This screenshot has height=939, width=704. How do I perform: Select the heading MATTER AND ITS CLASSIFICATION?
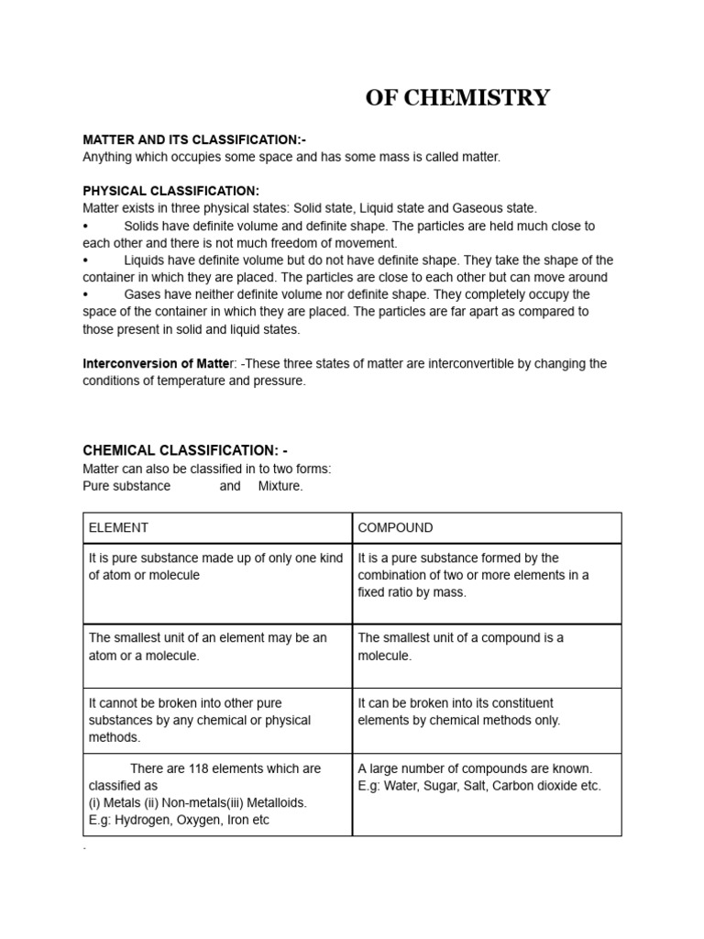(194, 139)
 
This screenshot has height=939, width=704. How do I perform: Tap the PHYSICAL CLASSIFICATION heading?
(171, 191)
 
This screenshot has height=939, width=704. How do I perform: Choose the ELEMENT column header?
(118, 528)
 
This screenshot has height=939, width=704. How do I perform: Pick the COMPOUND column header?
(395, 528)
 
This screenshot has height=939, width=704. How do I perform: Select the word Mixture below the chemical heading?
(280, 486)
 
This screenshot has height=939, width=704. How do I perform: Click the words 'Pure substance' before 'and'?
(126, 486)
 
